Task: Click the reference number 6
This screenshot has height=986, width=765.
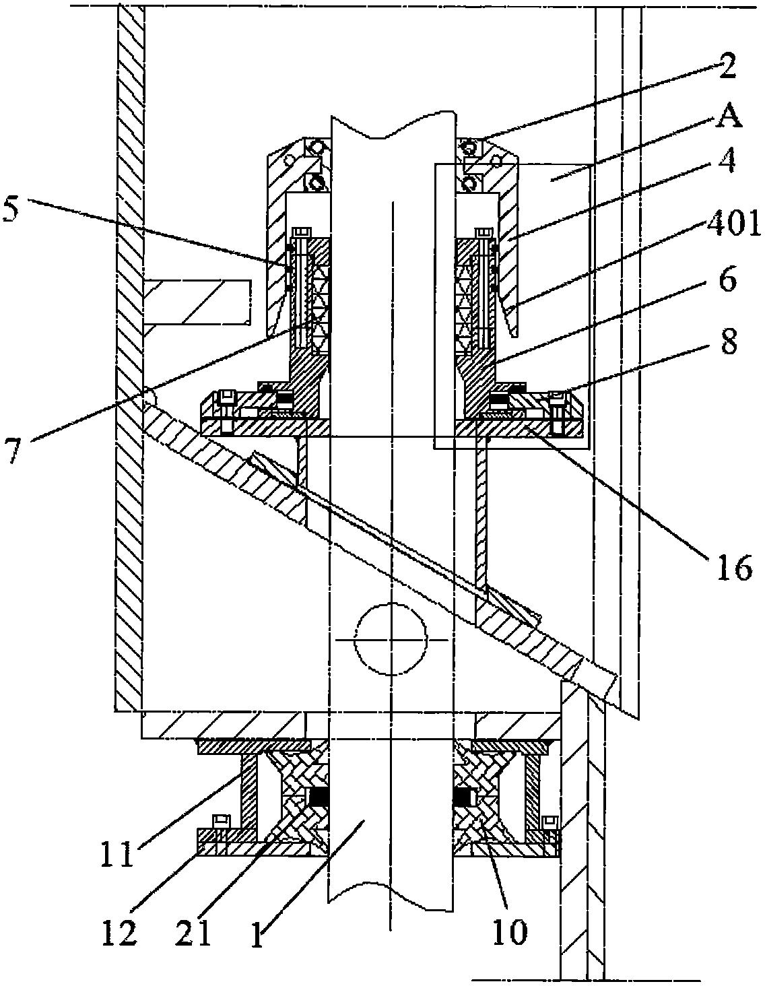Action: pyautogui.click(x=726, y=281)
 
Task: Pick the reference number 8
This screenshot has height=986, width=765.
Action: pyautogui.click(x=727, y=341)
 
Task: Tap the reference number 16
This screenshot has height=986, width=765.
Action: pyautogui.click(x=734, y=568)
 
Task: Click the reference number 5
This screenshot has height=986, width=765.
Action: pyautogui.click(x=13, y=212)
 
